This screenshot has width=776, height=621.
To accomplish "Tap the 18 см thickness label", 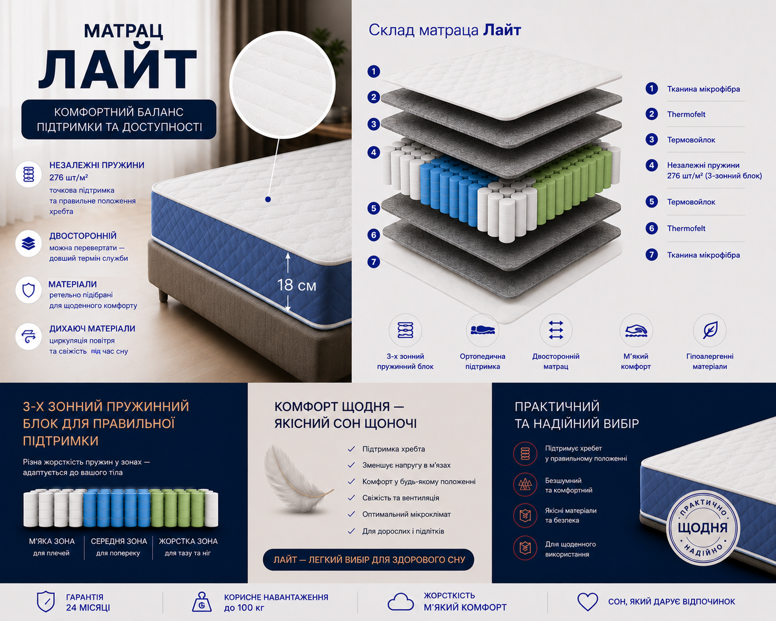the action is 297,285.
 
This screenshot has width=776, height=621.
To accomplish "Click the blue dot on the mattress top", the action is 268,199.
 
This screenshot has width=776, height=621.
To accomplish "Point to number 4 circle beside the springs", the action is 374,152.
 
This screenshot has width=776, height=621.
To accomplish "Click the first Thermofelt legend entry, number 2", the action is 686,115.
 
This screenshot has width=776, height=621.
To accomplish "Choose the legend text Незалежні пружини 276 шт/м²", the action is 714,170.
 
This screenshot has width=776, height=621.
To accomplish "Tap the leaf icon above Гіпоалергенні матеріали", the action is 710,330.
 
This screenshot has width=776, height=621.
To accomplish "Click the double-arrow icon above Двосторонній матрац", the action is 556,330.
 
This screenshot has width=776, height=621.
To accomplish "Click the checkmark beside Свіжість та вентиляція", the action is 351,498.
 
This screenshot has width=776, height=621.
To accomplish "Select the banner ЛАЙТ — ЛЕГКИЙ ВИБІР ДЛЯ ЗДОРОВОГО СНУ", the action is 369,560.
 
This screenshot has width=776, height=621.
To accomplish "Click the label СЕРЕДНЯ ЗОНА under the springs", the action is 118,541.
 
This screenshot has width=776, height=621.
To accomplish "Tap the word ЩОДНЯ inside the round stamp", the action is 702,527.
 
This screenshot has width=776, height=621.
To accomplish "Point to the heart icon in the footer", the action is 587,602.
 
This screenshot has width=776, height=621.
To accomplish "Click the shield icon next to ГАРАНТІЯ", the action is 46,602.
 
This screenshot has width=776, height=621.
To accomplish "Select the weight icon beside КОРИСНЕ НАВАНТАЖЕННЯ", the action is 202,602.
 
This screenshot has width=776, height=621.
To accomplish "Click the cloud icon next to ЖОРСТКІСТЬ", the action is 401,602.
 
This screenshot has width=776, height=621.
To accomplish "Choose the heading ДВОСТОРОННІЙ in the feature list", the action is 83,236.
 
